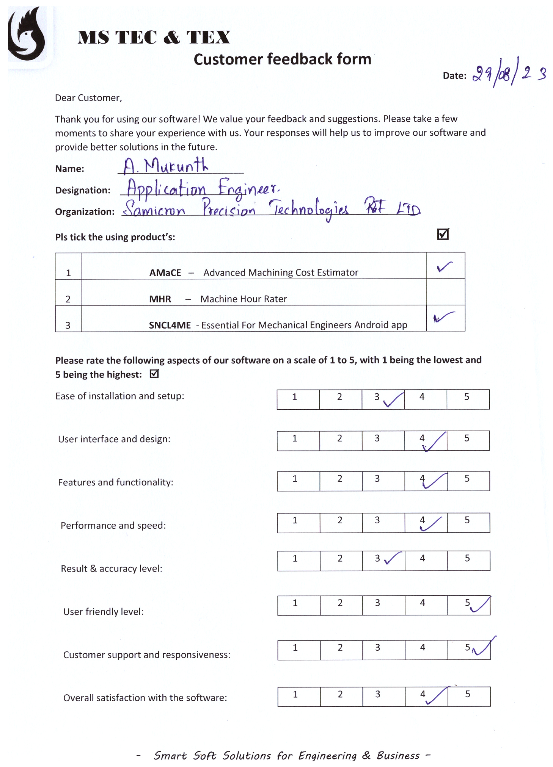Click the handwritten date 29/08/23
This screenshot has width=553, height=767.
pos(509,73)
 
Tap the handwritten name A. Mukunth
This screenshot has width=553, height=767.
pos(166,166)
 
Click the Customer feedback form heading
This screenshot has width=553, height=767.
pos(282,59)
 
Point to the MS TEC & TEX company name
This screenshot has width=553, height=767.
pos(154,37)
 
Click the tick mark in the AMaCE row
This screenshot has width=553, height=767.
pos(445,266)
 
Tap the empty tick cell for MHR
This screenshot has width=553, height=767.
pos(445,292)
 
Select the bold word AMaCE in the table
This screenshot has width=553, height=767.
pos(165,273)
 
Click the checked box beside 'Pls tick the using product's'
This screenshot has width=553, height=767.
pos(443,234)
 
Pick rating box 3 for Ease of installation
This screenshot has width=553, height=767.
pos(383,399)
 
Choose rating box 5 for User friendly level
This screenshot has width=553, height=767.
pos(469,605)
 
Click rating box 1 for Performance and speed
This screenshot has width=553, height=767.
pos(298,523)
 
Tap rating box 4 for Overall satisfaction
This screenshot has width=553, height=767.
pos(426,696)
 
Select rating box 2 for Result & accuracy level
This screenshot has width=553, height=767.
pos(341,560)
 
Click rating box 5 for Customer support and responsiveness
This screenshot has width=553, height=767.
pos(469,650)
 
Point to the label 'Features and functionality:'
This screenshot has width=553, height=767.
pos(116,482)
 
